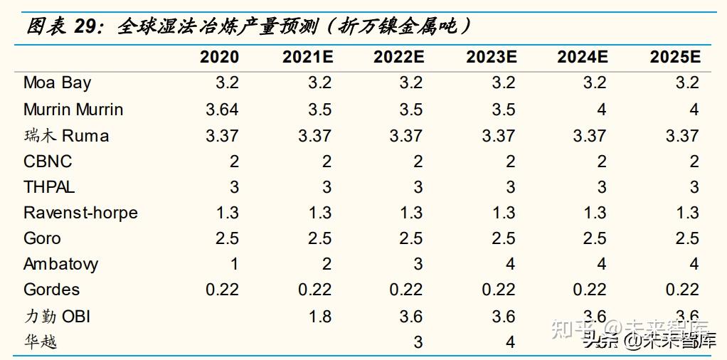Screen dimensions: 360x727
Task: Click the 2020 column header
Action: (x=219, y=57)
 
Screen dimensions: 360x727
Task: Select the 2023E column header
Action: (x=491, y=57)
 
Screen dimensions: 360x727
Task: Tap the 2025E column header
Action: (x=675, y=57)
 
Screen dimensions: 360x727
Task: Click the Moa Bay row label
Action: (x=58, y=83)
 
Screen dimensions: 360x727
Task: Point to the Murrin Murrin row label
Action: (x=73, y=110)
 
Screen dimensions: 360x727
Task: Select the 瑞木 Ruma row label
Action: (x=66, y=135)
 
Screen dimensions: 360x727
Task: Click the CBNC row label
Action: (x=48, y=162)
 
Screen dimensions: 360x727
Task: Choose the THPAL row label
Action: (x=49, y=187)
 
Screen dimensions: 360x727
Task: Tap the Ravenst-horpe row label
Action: (x=80, y=213)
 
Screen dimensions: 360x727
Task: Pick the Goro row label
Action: (x=42, y=238)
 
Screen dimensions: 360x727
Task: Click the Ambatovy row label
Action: (x=61, y=264)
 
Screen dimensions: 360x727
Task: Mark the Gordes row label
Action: (x=51, y=290)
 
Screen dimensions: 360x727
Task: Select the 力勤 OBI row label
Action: (x=57, y=316)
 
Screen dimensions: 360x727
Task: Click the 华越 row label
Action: (x=40, y=342)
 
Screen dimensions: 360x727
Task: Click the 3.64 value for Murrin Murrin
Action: (x=222, y=110)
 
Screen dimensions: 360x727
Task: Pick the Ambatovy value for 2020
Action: (x=233, y=264)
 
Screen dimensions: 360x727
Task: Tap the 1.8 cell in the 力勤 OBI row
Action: (x=319, y=316)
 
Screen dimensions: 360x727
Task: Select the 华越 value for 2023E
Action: (x=509, y=342)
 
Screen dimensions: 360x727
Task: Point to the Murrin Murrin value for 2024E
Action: (x=601, y=110)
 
